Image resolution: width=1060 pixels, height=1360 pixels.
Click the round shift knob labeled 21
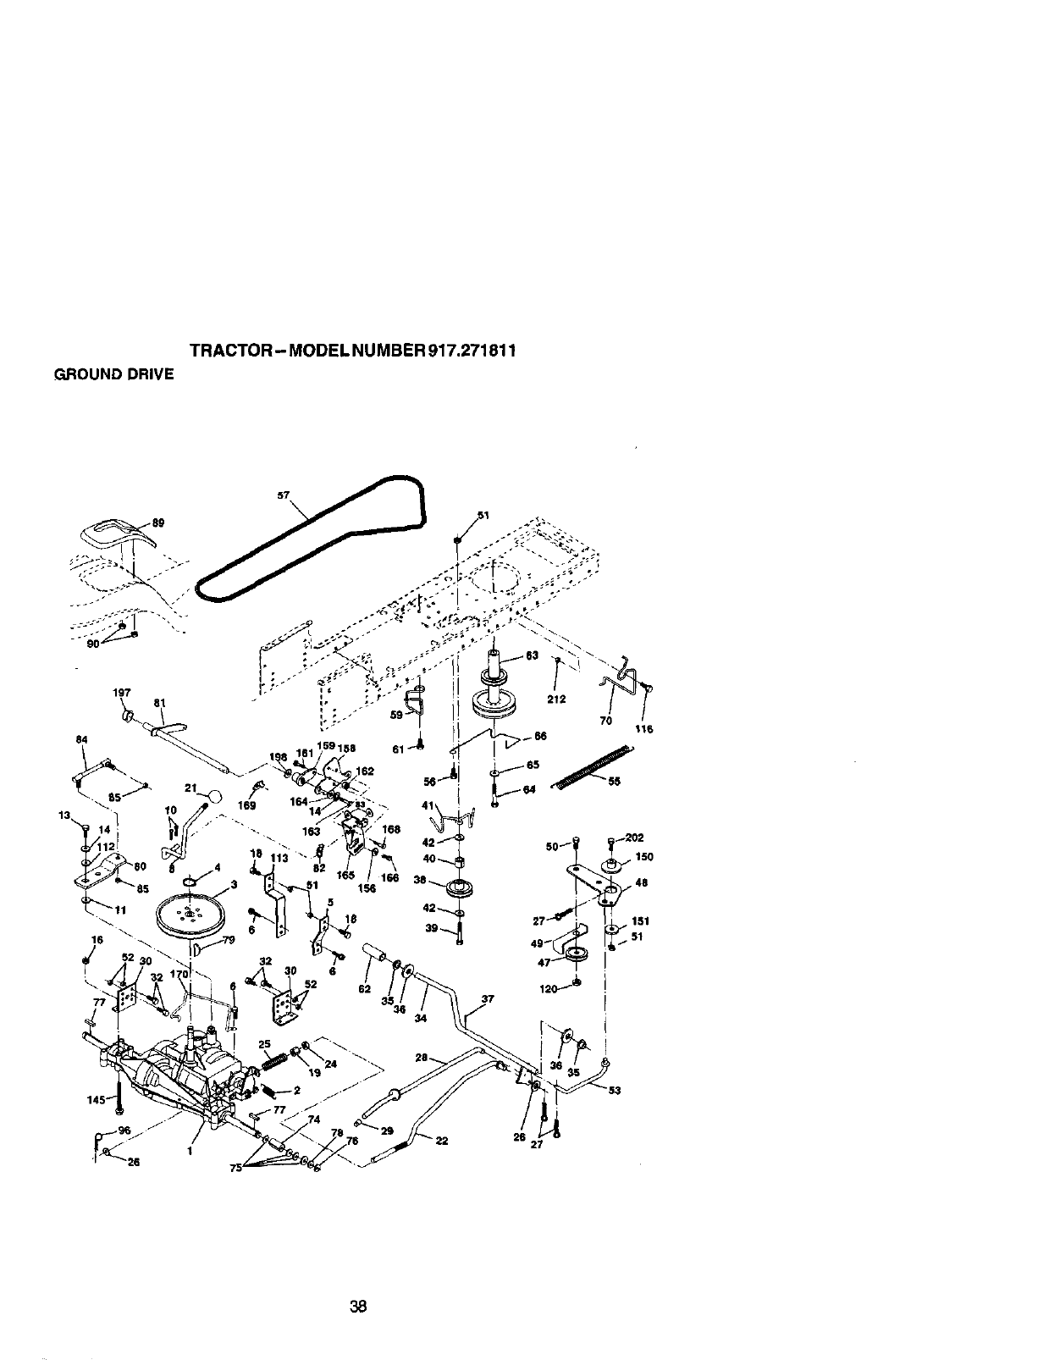point(215,796)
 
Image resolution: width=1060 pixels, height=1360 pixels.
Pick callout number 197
point(121,692)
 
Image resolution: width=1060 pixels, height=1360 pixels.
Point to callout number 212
point(556,699)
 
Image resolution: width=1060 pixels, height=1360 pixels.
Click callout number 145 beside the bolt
point(96,1100)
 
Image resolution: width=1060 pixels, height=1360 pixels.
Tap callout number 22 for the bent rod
point(441,1139)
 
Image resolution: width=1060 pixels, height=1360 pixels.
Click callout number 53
point(615,1090)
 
